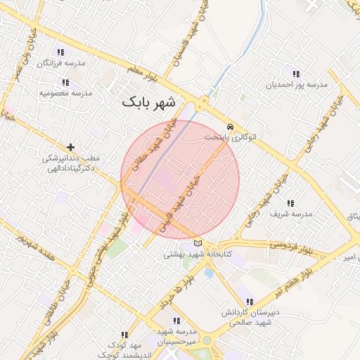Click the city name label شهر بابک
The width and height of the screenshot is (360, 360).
(x=151, y=102)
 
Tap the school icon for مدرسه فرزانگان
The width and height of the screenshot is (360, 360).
(x=61, y=53)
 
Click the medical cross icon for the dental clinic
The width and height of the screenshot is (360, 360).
(x=70, y=146)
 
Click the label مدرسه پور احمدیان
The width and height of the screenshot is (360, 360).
(x=296, y=85)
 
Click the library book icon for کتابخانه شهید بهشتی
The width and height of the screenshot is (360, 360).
(x=197, y=243)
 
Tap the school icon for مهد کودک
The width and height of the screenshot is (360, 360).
(x=124, y=335)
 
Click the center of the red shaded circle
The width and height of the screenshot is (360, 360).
(x=180, y=179)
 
